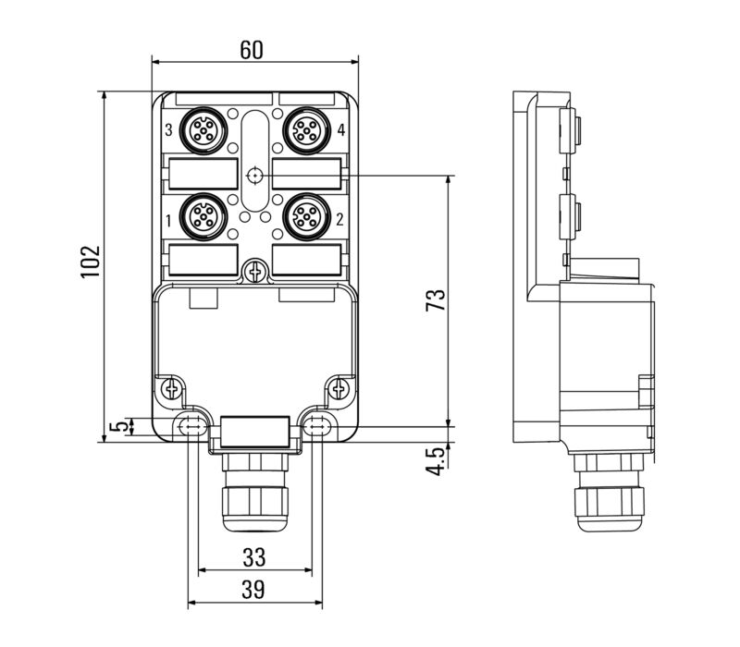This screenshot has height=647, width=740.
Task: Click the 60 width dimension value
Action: pos(251,50)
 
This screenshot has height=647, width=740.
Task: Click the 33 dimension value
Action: pos(253,557)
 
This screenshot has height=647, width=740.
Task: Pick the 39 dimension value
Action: pos(253,589)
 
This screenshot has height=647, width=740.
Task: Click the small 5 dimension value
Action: pos(116,426)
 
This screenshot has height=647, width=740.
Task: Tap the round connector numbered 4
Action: pos(305,131)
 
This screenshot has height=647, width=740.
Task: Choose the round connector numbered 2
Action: pos(305,217)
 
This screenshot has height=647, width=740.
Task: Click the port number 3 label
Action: pos(168,131)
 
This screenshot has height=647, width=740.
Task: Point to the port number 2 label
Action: pos(339,219)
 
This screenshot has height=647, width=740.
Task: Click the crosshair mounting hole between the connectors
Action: pos(254,175)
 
